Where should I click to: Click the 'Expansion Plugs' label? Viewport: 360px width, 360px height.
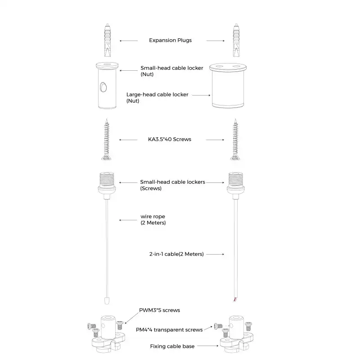(170, 40)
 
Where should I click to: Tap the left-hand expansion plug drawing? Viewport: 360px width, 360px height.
(108, 40)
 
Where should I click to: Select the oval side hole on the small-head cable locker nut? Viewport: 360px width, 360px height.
(103, 87)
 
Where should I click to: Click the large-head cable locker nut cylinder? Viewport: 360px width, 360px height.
(228, 86)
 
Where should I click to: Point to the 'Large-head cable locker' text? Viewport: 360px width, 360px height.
(157, 95)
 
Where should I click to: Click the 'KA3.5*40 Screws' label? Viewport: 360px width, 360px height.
(170, 139)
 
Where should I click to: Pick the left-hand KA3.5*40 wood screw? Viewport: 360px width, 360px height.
(106, 139)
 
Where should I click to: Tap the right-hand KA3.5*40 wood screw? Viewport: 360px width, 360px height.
(235, 139)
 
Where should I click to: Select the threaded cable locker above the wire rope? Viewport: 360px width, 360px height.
(107, 185)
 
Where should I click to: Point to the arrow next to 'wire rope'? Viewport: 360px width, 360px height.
(128, 220)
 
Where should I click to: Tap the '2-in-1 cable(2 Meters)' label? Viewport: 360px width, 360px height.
(176, 254)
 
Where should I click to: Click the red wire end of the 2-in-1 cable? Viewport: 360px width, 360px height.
(234, 299)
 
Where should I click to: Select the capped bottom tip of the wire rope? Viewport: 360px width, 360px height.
(107, 301)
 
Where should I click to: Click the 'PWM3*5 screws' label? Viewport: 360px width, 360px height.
(160, 310)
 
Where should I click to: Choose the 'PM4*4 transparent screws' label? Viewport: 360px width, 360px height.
(169, 330)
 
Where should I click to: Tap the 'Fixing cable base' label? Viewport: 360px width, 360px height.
(172, 346)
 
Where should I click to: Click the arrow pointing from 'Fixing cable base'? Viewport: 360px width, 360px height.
(208, 346)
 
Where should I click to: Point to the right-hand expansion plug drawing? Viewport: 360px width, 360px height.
(236, 40)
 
